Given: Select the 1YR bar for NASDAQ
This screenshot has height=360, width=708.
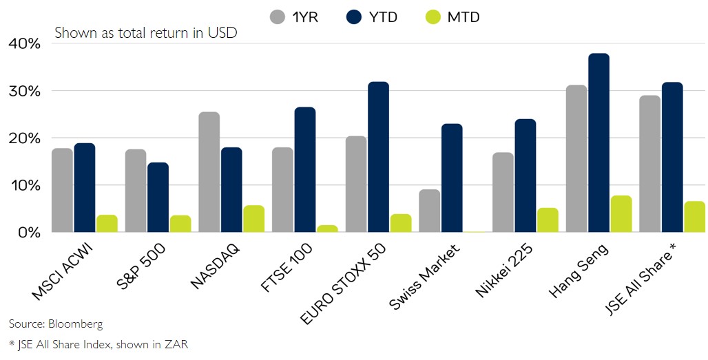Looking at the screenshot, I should [209, 172].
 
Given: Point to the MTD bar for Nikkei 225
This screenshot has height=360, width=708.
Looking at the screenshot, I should [548, 220].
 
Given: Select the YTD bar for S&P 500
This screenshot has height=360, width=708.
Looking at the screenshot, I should [158, 198].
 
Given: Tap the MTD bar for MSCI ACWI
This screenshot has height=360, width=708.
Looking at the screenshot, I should [107, 224].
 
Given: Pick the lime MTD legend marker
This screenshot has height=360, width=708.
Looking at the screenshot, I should [436, 17].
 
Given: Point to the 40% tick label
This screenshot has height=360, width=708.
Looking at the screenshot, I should [25, 43].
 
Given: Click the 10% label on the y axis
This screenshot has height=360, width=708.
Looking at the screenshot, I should [25, 185].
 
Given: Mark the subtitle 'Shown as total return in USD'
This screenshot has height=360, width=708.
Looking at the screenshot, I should [146, 32].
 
